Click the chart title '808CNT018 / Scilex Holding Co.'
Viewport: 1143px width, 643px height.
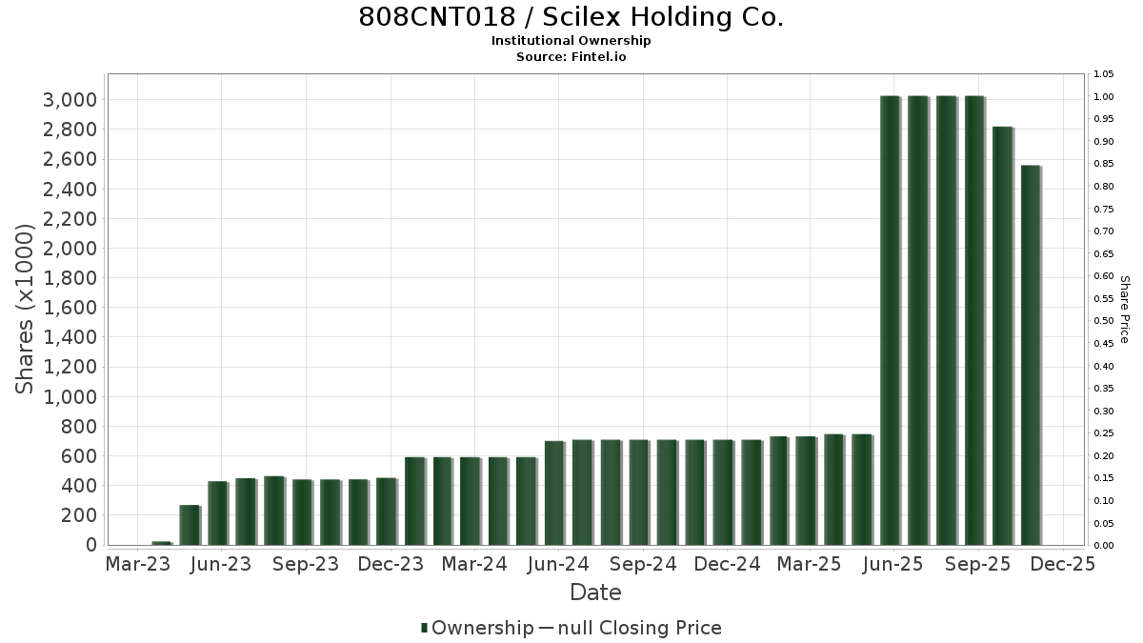point(571,17)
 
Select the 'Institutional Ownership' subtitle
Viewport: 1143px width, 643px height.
point(571,41)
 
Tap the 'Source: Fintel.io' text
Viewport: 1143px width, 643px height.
point(571,56)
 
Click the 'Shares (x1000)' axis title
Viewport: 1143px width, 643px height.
point(24,309)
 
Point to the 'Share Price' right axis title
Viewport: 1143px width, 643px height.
point(1125,310)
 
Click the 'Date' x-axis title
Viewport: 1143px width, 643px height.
point(595,593)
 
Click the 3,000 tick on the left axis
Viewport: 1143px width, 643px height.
point(70,100)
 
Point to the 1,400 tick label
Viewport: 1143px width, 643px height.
point(70,337)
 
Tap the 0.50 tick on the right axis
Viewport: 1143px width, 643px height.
point(1103,321)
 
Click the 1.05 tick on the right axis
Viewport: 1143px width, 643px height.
point(1103,74)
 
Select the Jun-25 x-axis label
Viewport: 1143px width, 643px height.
point(892,564)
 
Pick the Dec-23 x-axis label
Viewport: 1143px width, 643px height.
point(391,564)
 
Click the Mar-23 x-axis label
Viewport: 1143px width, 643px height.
point(138,564)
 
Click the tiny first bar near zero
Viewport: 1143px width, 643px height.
point(162,543)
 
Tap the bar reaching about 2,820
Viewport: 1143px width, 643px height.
point(1003,335)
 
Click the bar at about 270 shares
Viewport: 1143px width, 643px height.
point(190,525)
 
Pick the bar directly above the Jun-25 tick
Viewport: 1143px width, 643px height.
point(891,320)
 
